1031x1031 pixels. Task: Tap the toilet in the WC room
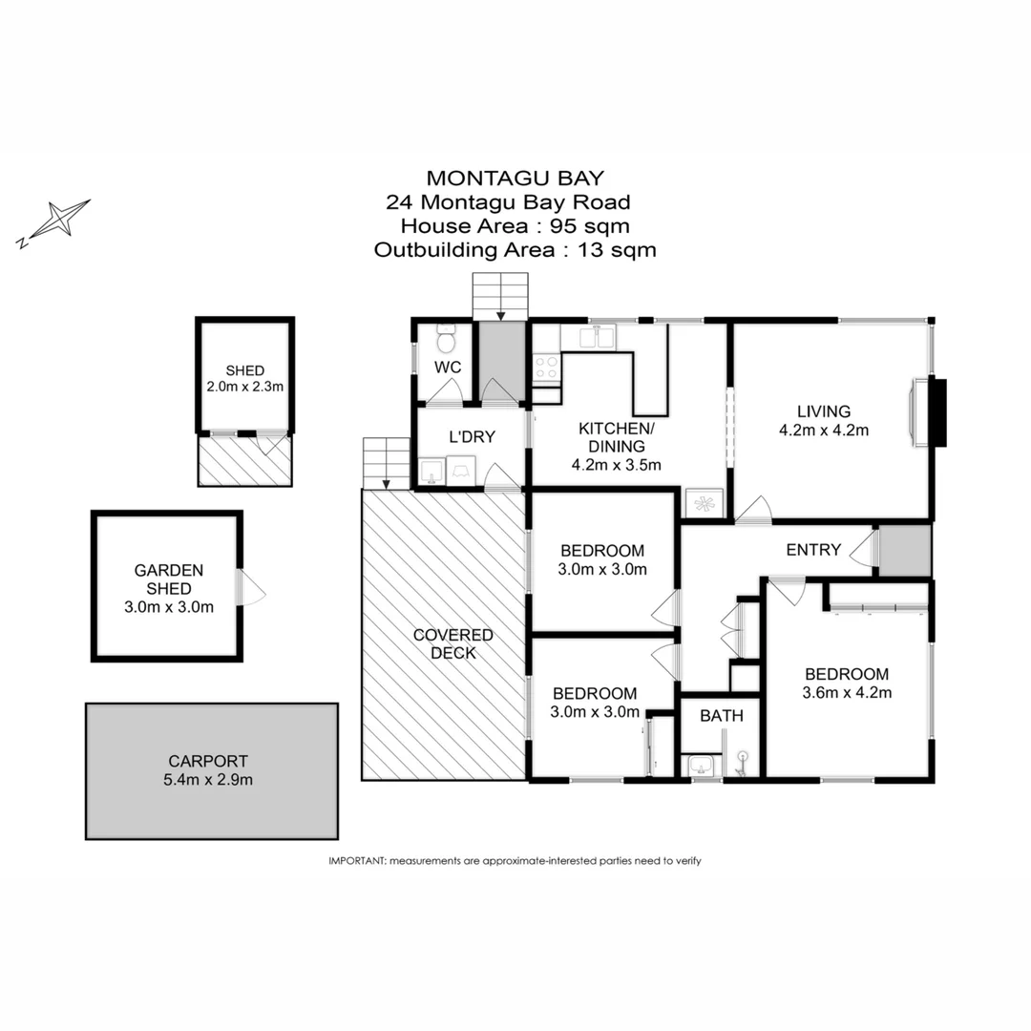(446, 340)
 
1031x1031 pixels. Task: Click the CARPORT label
(207, 761)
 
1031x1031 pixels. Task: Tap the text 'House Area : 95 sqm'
(515, 226)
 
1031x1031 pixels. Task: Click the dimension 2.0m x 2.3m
(245, 387)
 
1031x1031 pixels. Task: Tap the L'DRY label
(472, 436)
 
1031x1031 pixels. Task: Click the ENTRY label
(813, 550)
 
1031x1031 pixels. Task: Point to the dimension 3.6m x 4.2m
(847, 692)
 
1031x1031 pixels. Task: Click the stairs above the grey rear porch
(501, 295)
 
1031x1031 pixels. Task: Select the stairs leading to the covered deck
(386, 461)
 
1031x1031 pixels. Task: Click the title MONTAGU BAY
(515, 178)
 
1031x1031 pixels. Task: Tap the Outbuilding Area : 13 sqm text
(515, 250)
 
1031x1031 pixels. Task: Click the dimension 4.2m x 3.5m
(616, 465)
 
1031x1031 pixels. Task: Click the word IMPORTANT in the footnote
(356, 860)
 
